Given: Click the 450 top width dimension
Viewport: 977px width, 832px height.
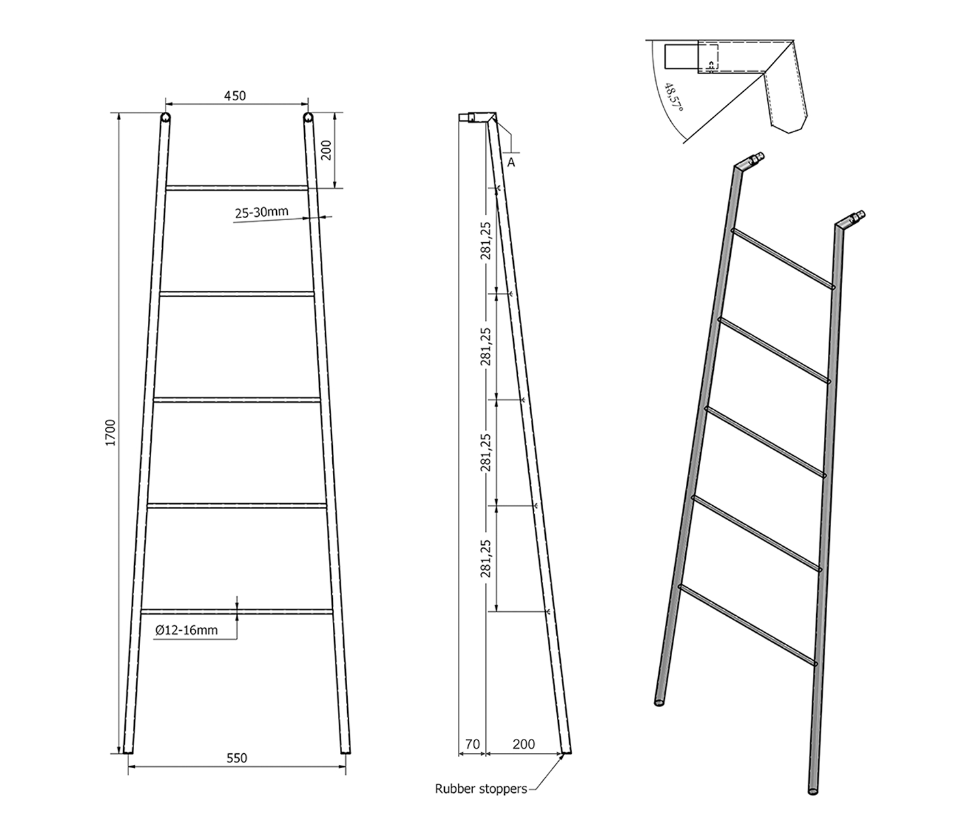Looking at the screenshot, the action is (x=235, y=96).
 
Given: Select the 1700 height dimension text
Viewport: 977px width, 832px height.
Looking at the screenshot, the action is (x=110, y=433).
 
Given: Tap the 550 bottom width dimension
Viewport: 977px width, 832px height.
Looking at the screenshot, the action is (x=237, y=758).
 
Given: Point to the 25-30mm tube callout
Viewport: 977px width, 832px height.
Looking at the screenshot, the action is (x=261, y=213).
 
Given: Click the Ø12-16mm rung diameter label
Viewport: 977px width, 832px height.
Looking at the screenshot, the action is (x=187, y=630).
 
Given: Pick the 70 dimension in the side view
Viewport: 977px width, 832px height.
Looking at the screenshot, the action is (x=473, y=745).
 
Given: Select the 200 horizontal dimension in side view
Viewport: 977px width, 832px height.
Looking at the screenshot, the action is (x=524, y=745).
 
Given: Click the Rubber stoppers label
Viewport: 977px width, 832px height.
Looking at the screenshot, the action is (x=481, y=789).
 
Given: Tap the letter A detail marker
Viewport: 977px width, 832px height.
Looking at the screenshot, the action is (x=511, y=163).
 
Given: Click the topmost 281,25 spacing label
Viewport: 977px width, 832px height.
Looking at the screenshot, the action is (x=485, y=240).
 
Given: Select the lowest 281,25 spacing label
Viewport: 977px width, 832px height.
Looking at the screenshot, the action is (x=485, y=559).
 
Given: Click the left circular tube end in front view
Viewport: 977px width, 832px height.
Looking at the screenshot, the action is (x=165, y=117).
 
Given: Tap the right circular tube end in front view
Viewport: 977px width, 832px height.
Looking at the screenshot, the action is (x=307, y=117).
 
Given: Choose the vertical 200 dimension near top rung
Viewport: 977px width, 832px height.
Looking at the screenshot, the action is (x=326, y=150).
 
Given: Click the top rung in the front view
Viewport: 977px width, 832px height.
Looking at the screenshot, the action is (x=237, y=188).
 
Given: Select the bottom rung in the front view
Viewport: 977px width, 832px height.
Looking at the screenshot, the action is (x=237, y=612).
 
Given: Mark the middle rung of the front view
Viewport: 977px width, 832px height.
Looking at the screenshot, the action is (x=237, y=400).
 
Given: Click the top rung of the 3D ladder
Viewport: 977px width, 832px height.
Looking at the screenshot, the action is (x=783, y=258).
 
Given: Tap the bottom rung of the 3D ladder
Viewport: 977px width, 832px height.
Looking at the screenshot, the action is (x=747, y=625).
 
